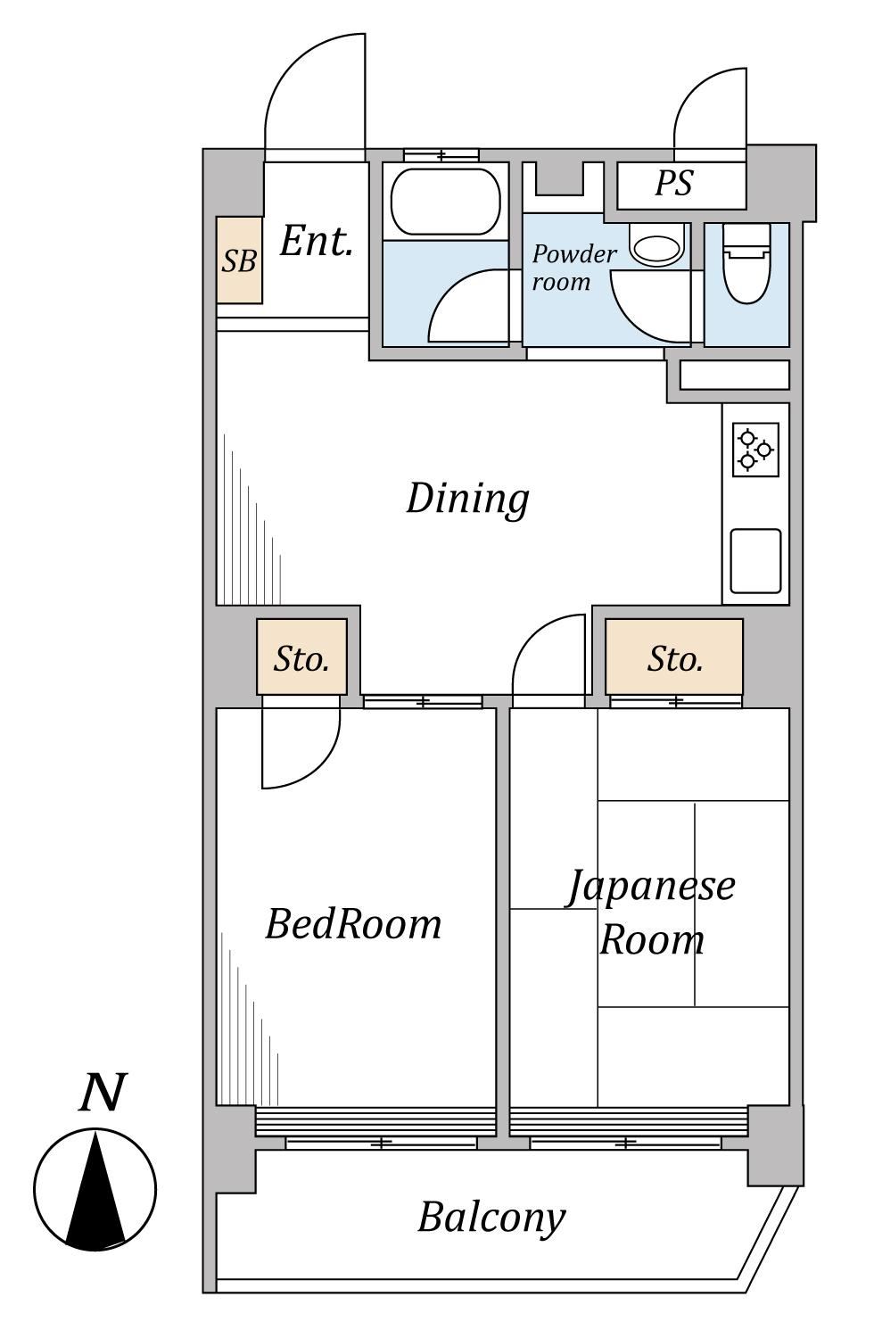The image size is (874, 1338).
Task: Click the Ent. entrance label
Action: coord(316,242)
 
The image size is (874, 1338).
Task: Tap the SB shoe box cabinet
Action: coord(239,260)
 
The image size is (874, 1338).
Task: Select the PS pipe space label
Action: coord(674,183)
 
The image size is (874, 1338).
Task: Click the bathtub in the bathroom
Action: coord(445,202)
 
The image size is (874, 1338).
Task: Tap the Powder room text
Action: coord(573,268)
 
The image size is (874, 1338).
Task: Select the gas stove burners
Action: coord(755,450)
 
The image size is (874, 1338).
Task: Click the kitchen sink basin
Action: coord(755,561)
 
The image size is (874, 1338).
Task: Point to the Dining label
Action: coord(467,499)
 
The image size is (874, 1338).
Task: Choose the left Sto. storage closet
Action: coord(301,657)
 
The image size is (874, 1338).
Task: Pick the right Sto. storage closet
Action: coord(674,657)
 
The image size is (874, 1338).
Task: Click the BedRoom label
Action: coord(354,924)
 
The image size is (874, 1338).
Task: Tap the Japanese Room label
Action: coord(651,913)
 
